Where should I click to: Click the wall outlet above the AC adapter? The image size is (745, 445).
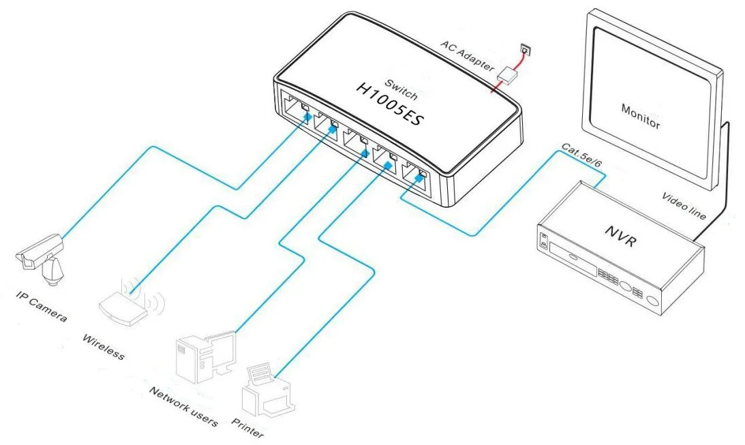pos(524,49)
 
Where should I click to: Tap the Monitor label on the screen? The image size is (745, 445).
pos(641,115)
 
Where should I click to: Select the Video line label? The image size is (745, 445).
pos(684,205)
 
